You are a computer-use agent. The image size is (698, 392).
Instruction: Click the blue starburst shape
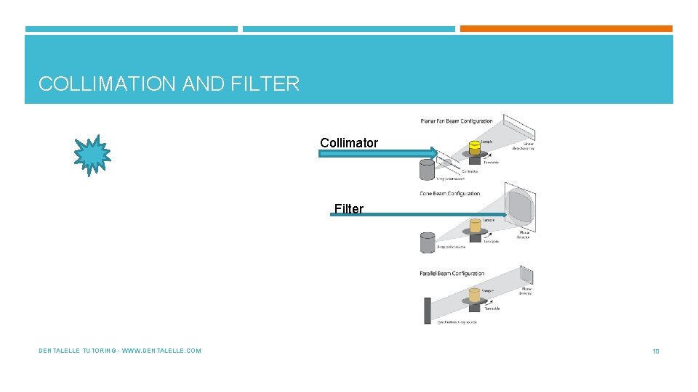click(92, 155)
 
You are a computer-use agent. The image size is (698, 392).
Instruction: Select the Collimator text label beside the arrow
click(349, 143)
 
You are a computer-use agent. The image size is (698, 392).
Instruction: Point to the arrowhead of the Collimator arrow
click(433, 153)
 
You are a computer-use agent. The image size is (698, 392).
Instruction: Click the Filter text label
click(349, 209)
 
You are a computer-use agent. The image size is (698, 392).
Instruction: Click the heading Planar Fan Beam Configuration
click(457, 121)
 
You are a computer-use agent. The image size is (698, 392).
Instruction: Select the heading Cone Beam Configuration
click(449, 194)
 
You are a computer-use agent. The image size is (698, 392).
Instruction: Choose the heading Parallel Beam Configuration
click(452, 274)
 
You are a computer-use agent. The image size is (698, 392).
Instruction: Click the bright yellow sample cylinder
click(474, 149)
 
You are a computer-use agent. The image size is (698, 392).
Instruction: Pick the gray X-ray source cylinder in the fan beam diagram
click(428, 169)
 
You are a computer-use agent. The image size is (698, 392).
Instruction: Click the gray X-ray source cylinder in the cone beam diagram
click(428, 242)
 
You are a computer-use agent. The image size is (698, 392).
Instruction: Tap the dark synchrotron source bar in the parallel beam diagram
click(427, 310)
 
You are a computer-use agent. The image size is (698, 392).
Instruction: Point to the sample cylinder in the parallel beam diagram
click(475, 296)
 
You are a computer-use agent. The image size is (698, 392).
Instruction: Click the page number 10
click(655, 351)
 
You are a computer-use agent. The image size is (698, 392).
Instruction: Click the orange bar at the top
click(566, 29)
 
